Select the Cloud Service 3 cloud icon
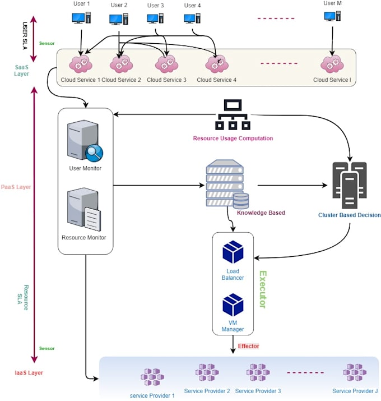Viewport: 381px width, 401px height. (166, 64)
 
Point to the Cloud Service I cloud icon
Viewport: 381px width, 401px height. (332, 64)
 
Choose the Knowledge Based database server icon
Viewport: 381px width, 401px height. (227, 185)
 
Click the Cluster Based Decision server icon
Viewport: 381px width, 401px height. (349, 185)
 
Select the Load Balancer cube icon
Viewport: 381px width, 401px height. (233, 252)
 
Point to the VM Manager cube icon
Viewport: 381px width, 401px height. (233, 305)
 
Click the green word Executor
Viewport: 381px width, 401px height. (261, 289)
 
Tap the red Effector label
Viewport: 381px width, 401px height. (249, 346)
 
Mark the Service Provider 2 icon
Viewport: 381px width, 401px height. (207, 372)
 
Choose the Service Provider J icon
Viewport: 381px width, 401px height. (355, 372)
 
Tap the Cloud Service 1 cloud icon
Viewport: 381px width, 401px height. (80, 64)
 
